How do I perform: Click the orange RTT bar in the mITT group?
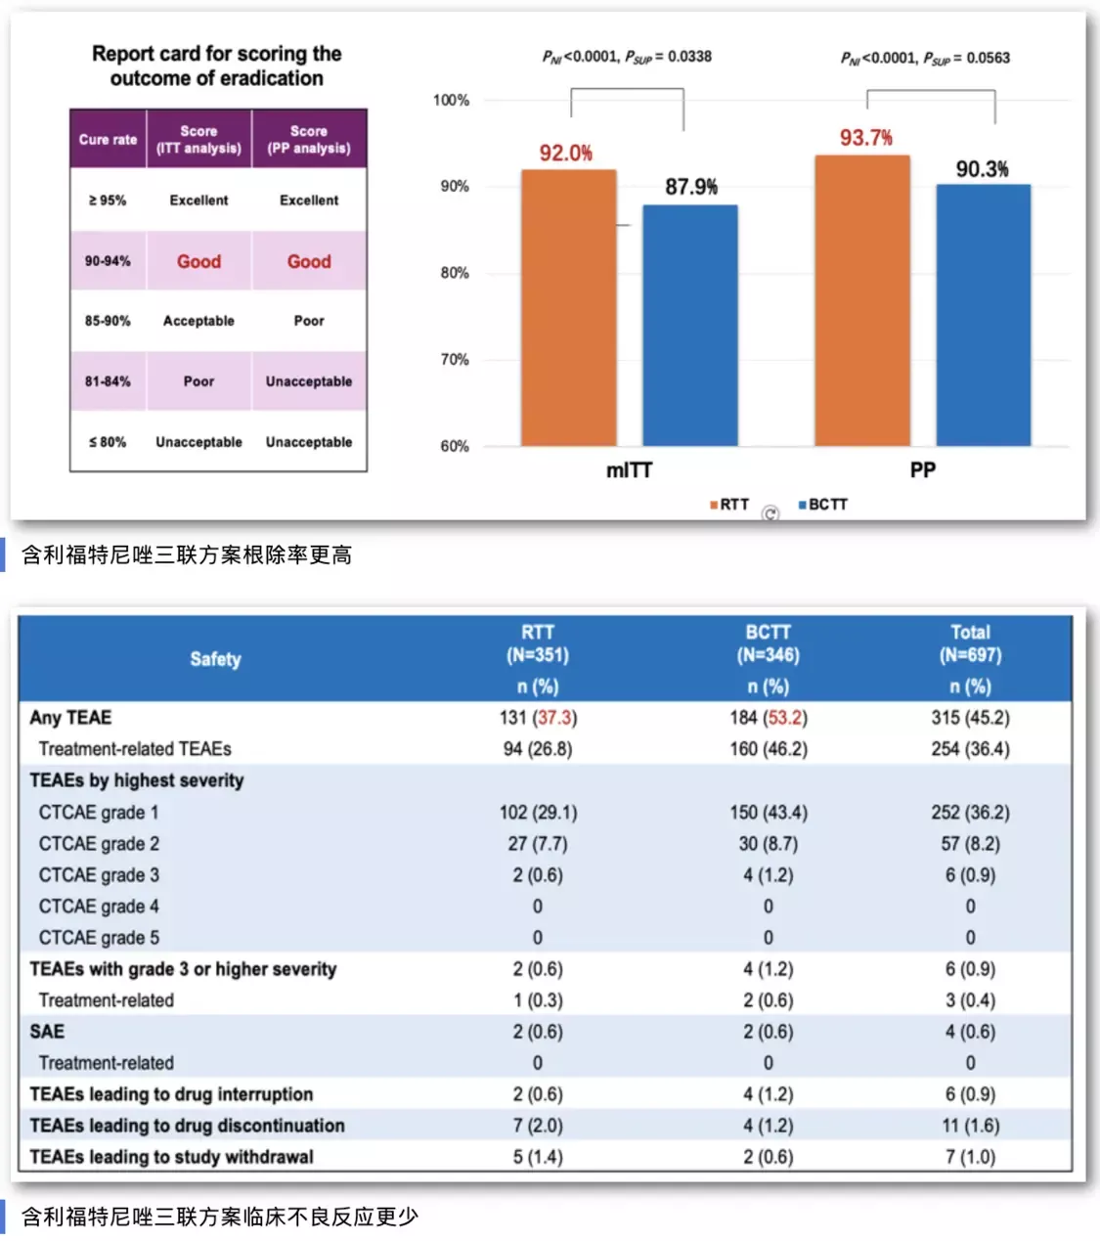tap(568, 308)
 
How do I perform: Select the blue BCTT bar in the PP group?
tap(983, 315)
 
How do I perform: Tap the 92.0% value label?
tap(565, 154)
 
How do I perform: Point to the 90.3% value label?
tap(982, 169)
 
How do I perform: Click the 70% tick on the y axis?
tap(454, 360)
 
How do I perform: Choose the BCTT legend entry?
tap(822, 505)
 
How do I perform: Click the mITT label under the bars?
tap(629, 470)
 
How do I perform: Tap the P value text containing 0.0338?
tap(627, 57)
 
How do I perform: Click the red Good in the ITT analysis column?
tap(198, 261)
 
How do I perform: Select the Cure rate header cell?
tap(108, 139)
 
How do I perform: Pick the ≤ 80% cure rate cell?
tap(108, 442)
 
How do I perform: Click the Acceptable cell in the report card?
tap(198, 321)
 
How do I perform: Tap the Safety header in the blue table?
tap(215, 659)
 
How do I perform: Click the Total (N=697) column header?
tap(970, 643)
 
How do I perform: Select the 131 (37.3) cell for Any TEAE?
tap(538, 718)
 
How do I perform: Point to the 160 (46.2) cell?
tap(768, 749)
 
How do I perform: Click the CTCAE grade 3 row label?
tap(99, 875)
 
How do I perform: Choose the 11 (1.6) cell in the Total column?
tap(970, 1126)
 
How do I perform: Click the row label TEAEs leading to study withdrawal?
tap(171, 1157)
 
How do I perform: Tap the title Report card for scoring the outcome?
tap(216, 66)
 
